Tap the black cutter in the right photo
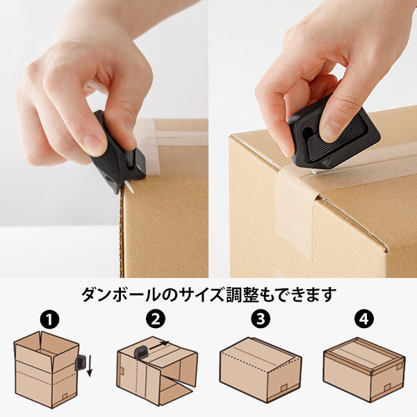[332, 131]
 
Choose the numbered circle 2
[156, 320]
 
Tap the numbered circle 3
[260, 320]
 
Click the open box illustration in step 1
[46, 365]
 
